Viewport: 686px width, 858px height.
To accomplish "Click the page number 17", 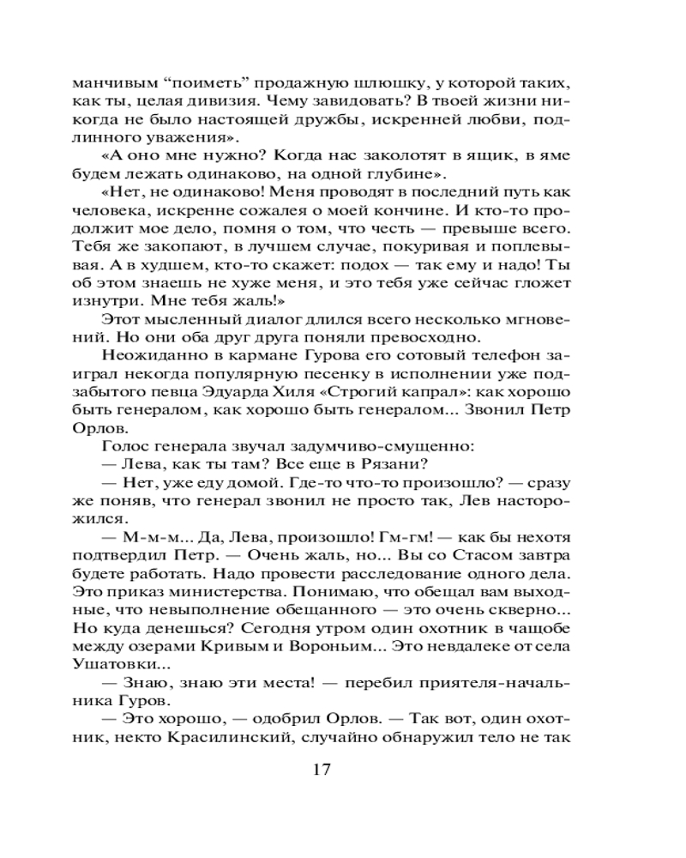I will coord(322,768).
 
